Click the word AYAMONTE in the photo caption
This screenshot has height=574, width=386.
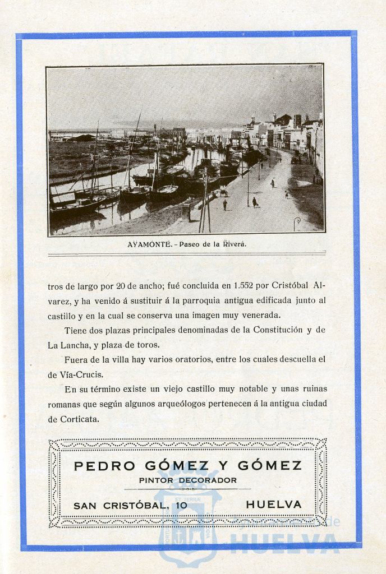149,244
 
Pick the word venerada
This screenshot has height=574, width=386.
260,315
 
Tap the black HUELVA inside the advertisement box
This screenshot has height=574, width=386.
273,504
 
